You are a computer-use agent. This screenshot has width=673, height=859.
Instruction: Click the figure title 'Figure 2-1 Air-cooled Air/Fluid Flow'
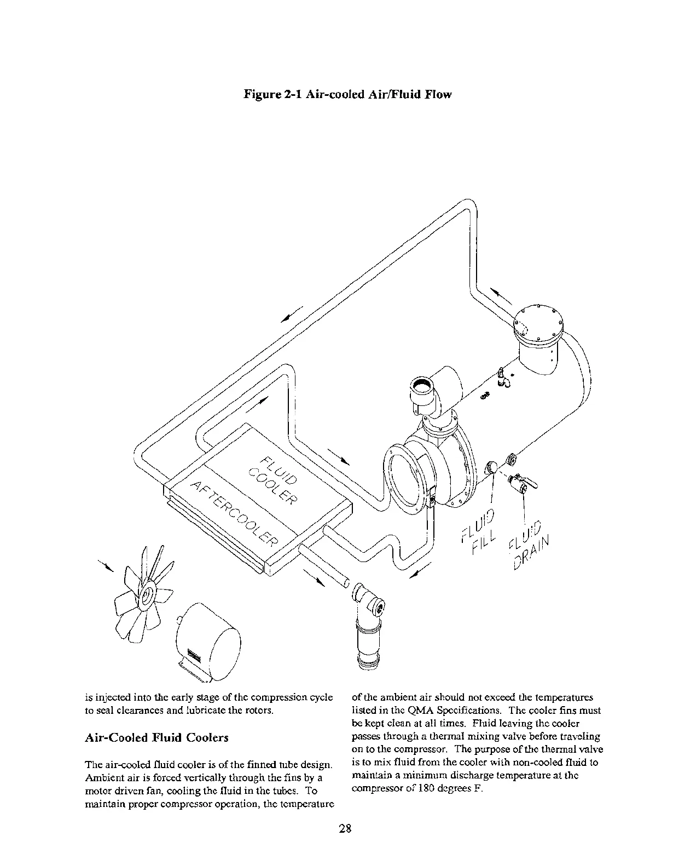pos(347,95)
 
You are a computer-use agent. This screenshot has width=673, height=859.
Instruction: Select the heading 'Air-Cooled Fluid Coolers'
pos(156,737)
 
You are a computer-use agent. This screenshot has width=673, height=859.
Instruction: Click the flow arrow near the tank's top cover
pos(501,296)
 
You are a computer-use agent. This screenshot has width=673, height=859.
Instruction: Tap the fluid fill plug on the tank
pos(492,466)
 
